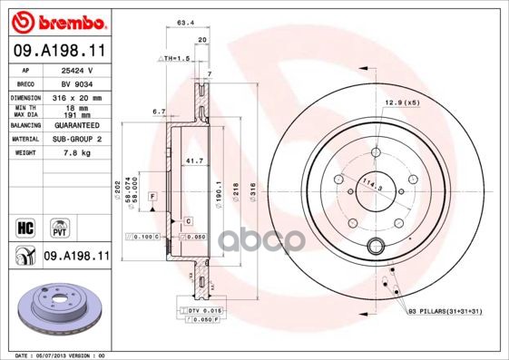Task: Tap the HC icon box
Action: pyautogui.click(x=24, y=226)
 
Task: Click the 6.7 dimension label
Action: pyautogui.click(x=158, y=112)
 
